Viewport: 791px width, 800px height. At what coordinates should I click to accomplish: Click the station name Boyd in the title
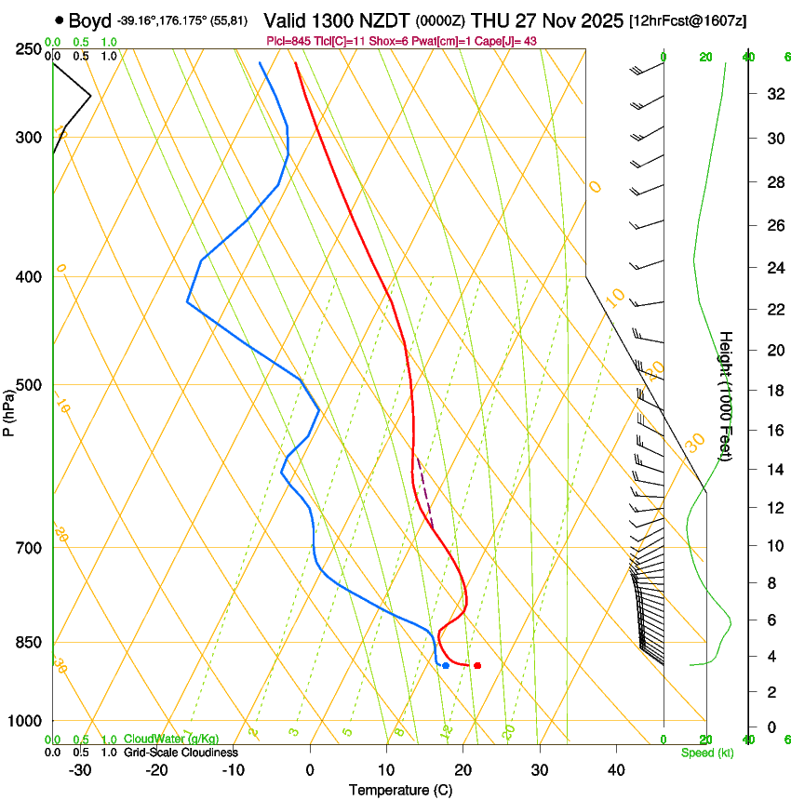[89, 20]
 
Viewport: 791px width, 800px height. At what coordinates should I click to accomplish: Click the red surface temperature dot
[477, 665]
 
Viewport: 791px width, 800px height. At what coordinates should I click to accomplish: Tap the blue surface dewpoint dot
[446, 665]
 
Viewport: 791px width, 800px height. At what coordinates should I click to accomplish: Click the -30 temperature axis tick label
[79, 770]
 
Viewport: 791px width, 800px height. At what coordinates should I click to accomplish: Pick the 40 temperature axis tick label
[616, 770]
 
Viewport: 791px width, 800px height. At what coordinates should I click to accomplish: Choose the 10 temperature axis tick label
[386, 770]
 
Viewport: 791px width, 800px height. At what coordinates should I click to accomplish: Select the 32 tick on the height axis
[772, 94]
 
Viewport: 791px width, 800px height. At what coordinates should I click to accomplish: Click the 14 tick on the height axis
[772, 470]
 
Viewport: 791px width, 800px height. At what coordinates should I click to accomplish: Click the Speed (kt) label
[706, 753]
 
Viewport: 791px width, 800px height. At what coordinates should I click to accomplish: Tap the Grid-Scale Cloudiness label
[181, 753]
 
